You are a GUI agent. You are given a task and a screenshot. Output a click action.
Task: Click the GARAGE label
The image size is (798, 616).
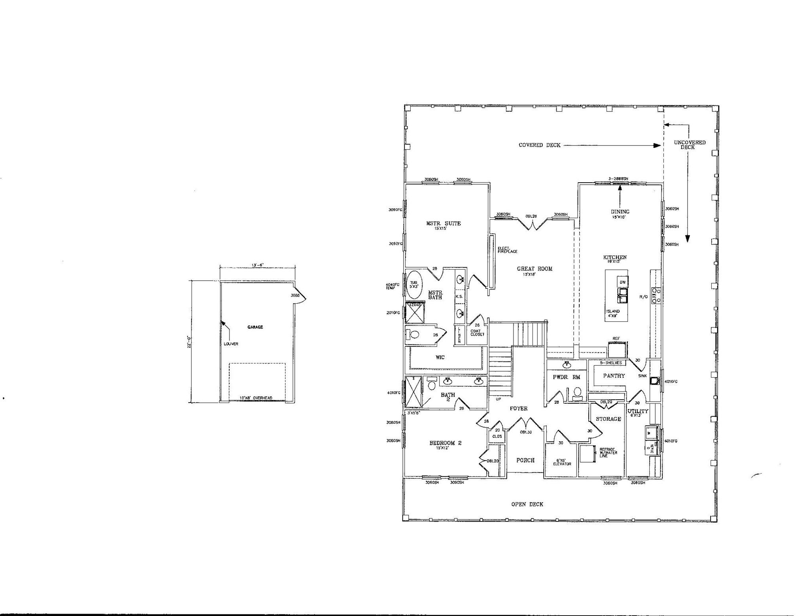(x=255, y=327)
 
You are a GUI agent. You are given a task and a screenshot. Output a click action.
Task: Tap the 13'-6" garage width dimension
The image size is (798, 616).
(x=257, y=265)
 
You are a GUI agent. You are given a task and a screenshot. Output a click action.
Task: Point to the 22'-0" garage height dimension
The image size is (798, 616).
(x=190, y=342)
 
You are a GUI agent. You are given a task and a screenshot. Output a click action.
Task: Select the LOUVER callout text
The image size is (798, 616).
(x=231, y=344)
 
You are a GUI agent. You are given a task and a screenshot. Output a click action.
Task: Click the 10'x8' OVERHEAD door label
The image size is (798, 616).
(x=256, y=398)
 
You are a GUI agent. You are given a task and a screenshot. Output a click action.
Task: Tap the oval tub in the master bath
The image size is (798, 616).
(x=414, y=285)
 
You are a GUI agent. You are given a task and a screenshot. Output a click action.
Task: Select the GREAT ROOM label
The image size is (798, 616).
(x=534, y=269)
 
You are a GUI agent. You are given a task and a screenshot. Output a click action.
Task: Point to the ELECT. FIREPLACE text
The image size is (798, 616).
(x=507, y=250)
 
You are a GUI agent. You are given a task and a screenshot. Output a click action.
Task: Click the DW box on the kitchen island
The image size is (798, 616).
(x=622, y=282)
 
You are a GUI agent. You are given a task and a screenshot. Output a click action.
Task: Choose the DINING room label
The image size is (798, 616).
(x=620, y=212)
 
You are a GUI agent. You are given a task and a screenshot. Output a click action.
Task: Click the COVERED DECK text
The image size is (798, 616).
(x=539, y=145)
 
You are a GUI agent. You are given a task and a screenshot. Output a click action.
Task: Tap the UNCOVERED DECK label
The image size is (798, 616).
(x=689, y=145)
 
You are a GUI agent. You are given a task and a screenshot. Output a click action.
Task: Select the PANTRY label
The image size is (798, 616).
(x=614, y=376)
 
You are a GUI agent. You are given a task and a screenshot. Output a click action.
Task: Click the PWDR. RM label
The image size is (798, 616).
(x=566, y=377)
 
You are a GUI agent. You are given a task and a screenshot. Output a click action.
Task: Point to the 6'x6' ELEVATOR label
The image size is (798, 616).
(x=562, y=462)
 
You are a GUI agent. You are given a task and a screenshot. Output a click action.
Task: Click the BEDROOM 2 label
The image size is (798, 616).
(x=445, y=443)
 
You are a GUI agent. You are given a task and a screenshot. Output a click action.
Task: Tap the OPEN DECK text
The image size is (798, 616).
(x=527, y=504)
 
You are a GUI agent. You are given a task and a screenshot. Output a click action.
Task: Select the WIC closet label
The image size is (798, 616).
(x=440, y=357)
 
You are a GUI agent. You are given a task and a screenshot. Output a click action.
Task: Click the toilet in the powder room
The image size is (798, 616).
(x=577, y=392)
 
